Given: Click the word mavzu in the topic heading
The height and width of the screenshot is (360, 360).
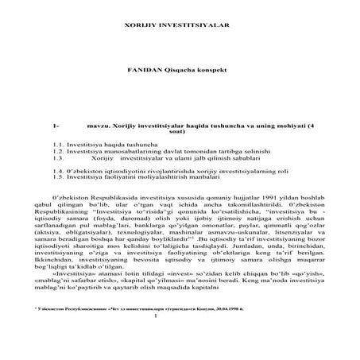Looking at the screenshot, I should coord(99,126).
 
